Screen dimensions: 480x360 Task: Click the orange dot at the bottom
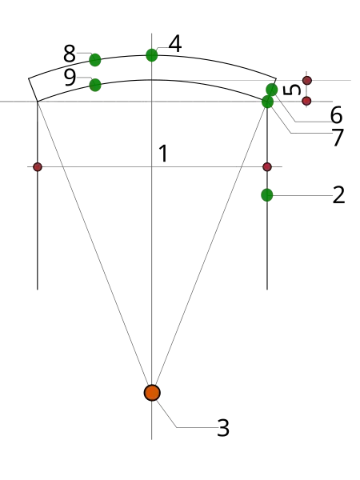coord(152,393)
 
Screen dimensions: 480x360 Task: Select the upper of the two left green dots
coord(95,60)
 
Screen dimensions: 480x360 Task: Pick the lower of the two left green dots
coord(95,85)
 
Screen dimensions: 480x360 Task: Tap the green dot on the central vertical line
coord(151,55)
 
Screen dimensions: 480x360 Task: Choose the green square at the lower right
coord(267,194)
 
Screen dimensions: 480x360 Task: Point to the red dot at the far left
coord(38,167)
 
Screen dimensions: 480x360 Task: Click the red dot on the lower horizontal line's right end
coord(267,167)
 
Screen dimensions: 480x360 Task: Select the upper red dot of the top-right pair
coord(306,80)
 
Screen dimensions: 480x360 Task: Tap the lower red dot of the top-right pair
coord(306,101)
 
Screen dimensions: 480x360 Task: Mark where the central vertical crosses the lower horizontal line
coord(150,170)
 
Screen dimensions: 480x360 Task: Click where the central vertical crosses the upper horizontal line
coord(150,99)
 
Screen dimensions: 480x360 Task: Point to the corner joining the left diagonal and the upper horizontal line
coord(38,99)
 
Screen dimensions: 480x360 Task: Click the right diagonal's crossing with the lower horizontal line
coord(238,170)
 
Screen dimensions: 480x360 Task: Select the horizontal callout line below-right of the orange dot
coord(196,426)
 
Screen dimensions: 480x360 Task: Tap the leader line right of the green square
coord(304,195)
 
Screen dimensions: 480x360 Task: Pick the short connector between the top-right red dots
coord(306,90)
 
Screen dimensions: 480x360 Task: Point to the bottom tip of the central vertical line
coord(150,439)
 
